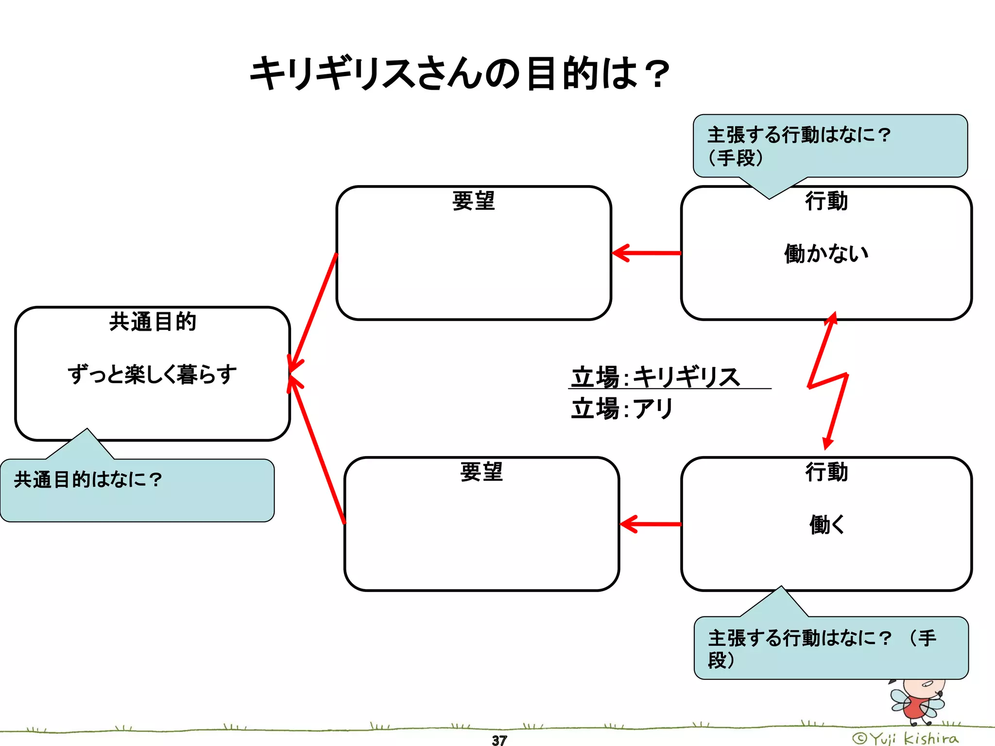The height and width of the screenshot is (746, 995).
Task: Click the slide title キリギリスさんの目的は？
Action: pyautogui.click(x=459, y=74)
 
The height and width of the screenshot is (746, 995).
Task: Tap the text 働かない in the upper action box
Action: pyautogui.click(x=826, y=254)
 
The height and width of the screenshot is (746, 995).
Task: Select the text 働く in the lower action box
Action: pyautogui.click(x=827, y=525)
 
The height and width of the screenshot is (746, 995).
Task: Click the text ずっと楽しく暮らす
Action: pyautogui.click(x=152, y=374)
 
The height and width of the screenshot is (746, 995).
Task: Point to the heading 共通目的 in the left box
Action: pyautogui.click(x=152, y=322)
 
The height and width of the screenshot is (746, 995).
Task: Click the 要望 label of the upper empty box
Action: pyautogui.click(x=473, y=201)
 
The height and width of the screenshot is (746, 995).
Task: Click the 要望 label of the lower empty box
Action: pyautogui.click(x=481, y=472)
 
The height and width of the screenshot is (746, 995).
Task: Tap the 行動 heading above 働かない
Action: pyautogui.click(x=826, y=201)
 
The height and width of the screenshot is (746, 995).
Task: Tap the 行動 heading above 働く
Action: pyautogui.click(x=826, y=472)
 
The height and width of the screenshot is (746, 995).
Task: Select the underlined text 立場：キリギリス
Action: pyautogui.click(x=656, y=377)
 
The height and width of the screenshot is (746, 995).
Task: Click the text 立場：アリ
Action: pyautogui.click(x=622, y=408)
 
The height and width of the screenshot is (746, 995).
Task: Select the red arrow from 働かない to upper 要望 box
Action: pyautogui.click(x=646, y=253)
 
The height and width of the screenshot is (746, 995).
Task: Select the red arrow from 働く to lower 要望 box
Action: pyautogui.click(x=651, y=524)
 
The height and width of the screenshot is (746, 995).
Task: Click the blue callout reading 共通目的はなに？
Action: pyautogui.click(x=137, y=491)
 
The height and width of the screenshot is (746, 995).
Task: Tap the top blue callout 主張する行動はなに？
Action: pyautogui.click(x=830, y=146)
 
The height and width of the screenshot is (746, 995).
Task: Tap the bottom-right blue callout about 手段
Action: pyautogui.click(x=831, y=648)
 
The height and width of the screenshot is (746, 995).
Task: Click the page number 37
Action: pyautogui.click(x=499, y=740)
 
